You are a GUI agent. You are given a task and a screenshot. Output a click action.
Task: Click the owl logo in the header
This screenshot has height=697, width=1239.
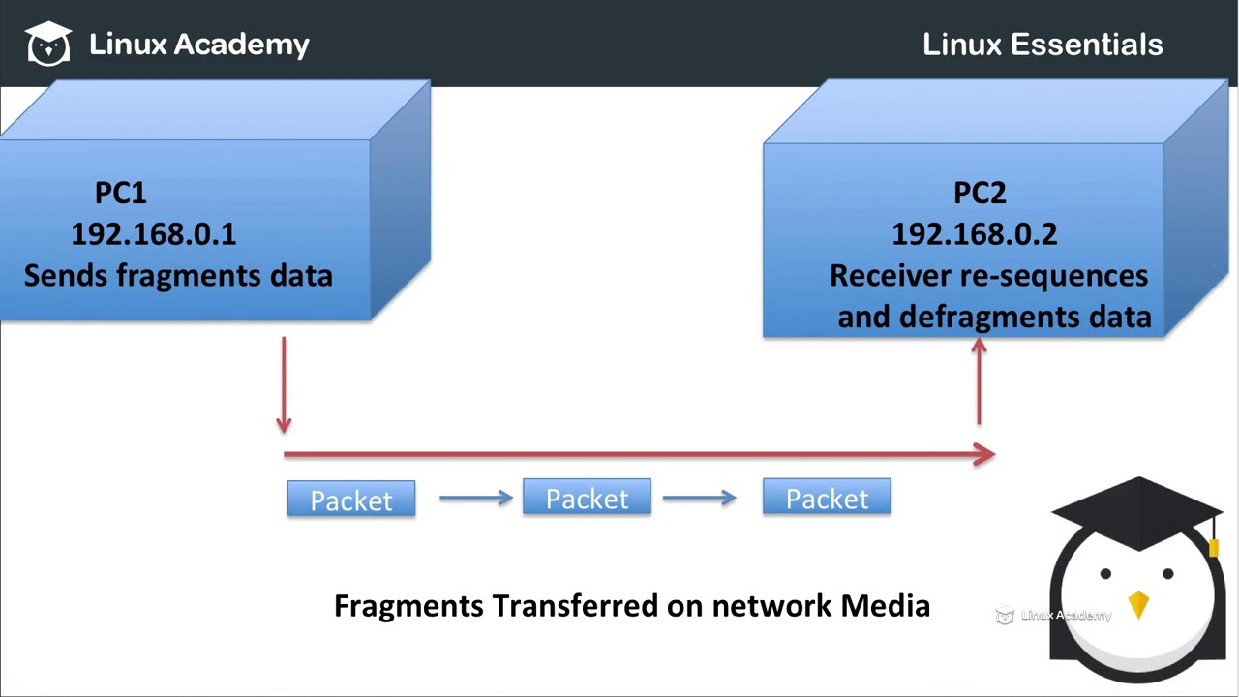(48, 44)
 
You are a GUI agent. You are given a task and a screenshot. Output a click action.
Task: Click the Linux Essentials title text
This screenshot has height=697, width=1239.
(1043, 45)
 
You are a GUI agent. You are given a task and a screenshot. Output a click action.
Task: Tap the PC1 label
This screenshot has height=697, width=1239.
(121, 193)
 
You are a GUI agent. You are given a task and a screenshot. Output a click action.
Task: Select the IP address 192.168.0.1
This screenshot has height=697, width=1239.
(154, 233)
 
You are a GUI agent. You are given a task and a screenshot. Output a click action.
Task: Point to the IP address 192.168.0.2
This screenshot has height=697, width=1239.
(974, 233)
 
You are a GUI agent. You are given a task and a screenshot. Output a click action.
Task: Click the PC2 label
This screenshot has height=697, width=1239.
(980, 193)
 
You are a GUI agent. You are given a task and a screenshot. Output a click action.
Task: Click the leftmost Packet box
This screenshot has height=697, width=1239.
(351, 500)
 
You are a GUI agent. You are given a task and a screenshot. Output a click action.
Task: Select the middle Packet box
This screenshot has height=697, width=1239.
(587, 498)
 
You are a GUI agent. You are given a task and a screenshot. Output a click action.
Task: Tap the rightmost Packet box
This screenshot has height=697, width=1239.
(827, 498)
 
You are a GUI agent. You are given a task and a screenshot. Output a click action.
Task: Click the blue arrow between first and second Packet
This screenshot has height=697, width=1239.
(475, 498)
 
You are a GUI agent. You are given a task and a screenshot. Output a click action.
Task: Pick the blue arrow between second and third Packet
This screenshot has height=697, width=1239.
(699, 498)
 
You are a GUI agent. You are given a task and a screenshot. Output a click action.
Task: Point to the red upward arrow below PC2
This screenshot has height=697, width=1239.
(979, 381)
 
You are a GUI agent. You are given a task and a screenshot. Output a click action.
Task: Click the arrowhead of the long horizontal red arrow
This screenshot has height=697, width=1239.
(984, 454)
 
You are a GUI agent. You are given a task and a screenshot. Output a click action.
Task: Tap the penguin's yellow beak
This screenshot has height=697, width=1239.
(1138, 604)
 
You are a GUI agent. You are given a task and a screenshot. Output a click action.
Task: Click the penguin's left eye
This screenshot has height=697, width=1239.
(1105, 574)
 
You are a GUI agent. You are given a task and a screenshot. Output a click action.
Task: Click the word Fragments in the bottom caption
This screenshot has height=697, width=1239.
(408, 606)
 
